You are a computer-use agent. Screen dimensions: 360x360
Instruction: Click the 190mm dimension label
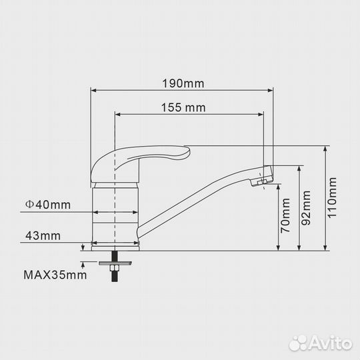coord(183,83)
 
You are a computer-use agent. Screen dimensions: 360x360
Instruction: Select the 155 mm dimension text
coord(183,108)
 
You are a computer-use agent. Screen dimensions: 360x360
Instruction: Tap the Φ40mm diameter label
coord(48,205)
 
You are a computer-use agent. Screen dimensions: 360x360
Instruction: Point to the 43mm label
coord(43,236)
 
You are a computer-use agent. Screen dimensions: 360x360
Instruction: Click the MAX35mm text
coord(55,275)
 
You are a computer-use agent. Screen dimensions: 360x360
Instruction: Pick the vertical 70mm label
coord(286,215)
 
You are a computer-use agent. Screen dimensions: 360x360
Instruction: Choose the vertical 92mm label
coord(306,208)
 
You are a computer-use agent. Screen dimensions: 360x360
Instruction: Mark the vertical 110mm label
coord(332,198)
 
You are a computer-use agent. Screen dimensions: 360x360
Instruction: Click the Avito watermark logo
coord(320,343)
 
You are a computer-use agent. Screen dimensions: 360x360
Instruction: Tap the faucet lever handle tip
coord(188,151)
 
